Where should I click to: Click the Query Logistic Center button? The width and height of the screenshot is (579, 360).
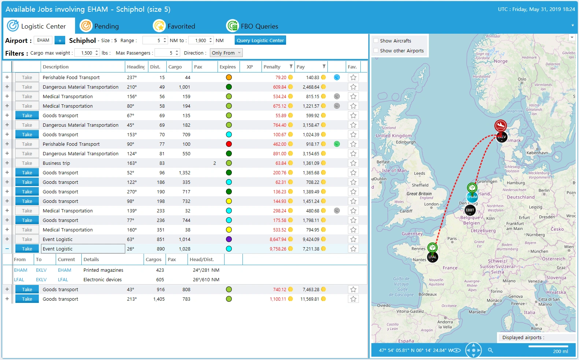tap(260, 40)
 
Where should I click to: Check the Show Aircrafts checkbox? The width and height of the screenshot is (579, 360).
tap(376, 41)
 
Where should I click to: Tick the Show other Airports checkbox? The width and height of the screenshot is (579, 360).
tap(376, 51)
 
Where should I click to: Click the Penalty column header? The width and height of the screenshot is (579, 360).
tap(272, 67)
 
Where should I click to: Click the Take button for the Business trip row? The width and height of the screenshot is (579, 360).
tap(27, 163)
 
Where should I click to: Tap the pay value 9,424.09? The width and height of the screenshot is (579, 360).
tap(311, 240)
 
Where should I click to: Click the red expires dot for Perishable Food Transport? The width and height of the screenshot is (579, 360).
tap(229, 144)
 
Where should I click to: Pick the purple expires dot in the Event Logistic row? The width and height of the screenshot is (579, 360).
tap(229, 240)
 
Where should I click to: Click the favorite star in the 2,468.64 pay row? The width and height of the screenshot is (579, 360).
tap(353, 87)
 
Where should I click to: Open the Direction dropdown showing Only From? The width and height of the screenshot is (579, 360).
tap(226, 53)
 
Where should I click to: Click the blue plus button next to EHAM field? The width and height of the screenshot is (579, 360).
tap(60, 40)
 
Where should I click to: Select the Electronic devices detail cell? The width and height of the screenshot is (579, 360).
tap(103, 280)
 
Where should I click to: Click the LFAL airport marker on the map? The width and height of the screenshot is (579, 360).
tap(433, 257)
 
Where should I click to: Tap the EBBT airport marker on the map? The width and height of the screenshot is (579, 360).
tap(470, 210)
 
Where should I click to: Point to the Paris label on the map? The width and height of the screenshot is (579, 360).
tap(452, 238)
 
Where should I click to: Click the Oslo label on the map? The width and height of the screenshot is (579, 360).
tap(522, 79)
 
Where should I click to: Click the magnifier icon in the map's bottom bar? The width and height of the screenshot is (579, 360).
tap(490, 350)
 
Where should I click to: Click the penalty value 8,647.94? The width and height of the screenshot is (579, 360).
tap(278, 240)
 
